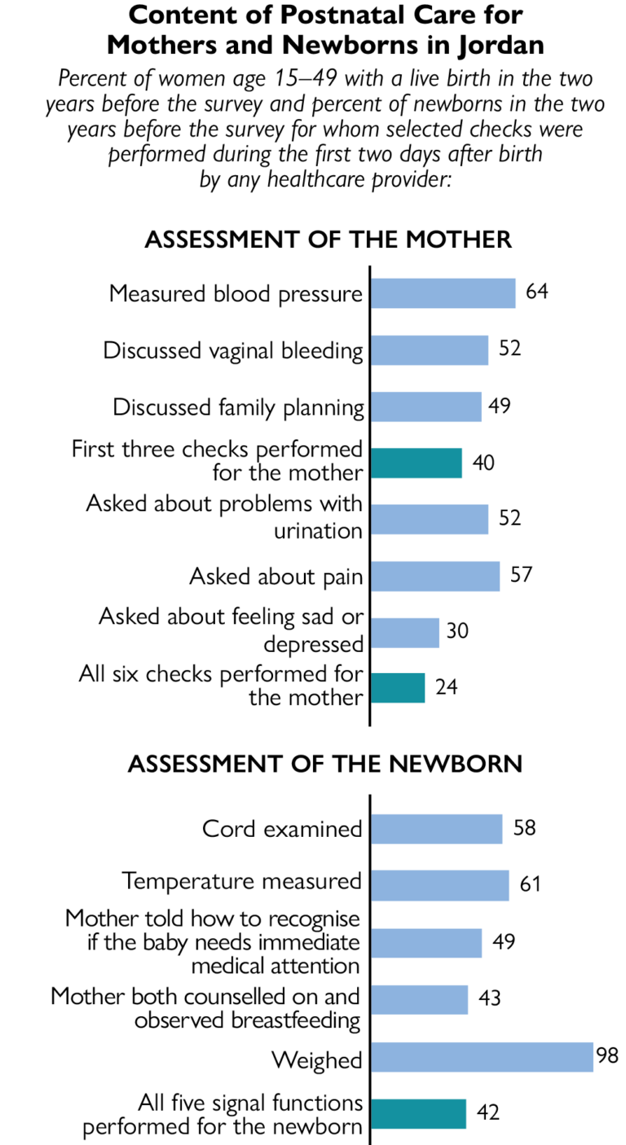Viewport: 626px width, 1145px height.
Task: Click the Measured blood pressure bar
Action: coord(443,293)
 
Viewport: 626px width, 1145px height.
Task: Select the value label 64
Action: coord(536,292)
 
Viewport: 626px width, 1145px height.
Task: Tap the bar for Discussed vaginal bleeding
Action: coord(429,350)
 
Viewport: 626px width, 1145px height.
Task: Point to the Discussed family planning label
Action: coord(238,407)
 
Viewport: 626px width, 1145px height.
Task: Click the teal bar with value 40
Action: coord(416,462)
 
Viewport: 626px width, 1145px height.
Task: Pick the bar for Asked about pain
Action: coord(434,575)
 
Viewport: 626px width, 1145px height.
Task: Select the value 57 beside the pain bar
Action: coord(521,575)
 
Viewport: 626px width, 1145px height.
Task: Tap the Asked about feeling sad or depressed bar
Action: coord(405,632)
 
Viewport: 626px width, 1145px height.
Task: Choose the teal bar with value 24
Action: coord(398,687)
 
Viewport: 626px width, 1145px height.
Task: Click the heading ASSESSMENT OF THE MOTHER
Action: coord(328,240)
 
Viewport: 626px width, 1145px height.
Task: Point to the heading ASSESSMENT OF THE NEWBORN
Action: coord(325,764)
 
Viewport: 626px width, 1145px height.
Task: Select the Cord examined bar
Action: coord(436,830)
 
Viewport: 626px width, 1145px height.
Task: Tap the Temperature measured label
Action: coord(241,881)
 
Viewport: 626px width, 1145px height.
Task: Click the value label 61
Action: coord(530,884)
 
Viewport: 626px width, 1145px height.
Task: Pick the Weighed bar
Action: coord(481,1057)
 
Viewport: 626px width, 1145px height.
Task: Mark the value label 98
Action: coord(607,1056)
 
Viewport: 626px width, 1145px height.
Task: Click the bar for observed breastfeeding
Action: coord(419,1000)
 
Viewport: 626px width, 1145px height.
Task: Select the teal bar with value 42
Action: coord(418,1113)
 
